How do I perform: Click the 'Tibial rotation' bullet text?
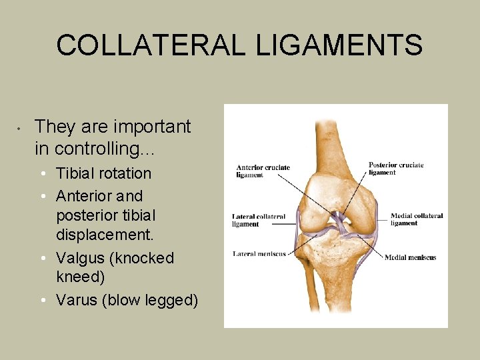click(103, 173)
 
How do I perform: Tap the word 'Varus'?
click(77, 300)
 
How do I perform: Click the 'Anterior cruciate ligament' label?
click(263, 171)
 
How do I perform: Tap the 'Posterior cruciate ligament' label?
click(396, 169)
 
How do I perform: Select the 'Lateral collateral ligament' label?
click(259, 221)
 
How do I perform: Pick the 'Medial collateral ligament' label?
click(416, 219)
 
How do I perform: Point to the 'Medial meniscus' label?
click(410, 257)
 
